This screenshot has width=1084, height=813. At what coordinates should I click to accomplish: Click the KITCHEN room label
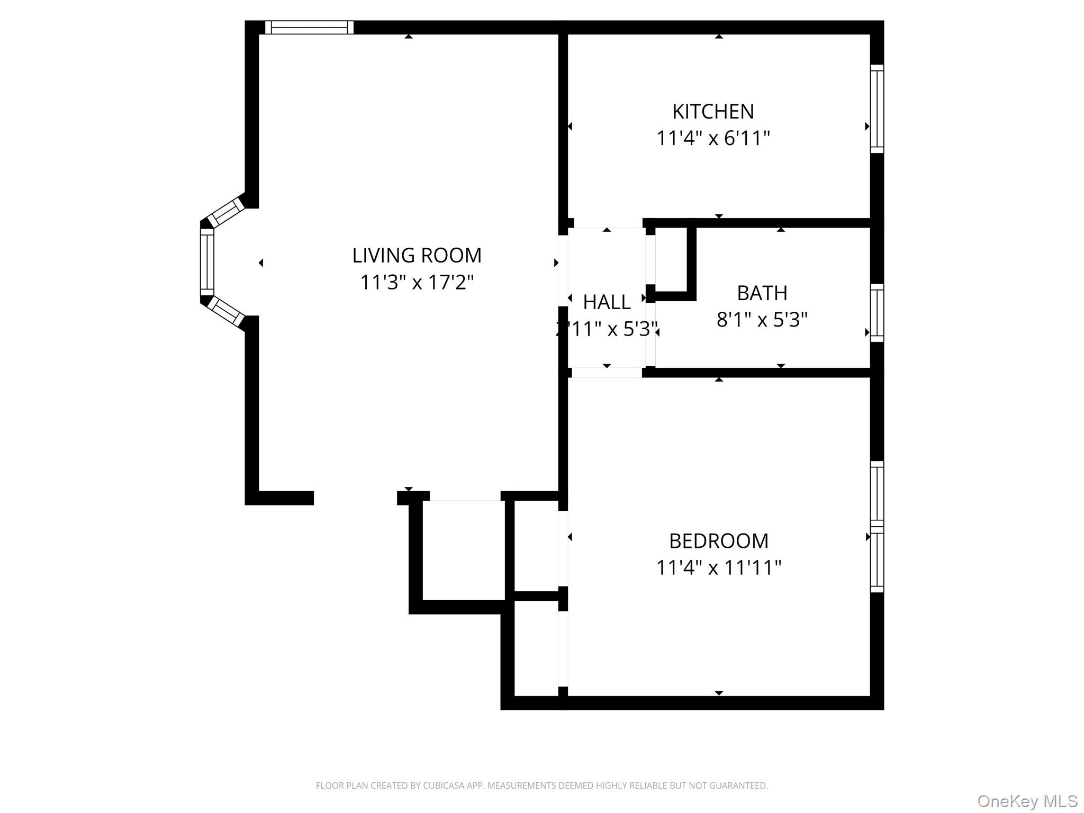pyautogui.click(x=713, y=112)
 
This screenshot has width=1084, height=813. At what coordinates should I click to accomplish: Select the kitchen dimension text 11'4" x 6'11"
pyautogui.click(x=713, y=139)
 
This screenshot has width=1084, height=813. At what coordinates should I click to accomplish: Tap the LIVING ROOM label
pyautogui.click(x=417, y=256)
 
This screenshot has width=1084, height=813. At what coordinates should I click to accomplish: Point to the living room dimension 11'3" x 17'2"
pyautogui.click(x=417, y=283)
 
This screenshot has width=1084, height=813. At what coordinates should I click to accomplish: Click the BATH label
pyautogui.click(x=762, y=293)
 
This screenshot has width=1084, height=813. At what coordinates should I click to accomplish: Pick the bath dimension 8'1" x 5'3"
pyautogui.click(x=762, y=320)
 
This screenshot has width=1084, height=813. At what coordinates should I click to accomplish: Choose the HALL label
pyautogui.click(x=607, y=302)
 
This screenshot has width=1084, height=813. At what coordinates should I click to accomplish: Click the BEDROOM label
pyautogui.click(x=718, y=541)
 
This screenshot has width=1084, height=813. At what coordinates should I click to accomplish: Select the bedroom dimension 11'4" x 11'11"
pyautogui.click(x=718, y=568)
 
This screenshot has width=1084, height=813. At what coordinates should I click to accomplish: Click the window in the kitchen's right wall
pyautogui.click(x=877, y=109)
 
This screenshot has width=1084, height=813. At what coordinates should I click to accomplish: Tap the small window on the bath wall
pyautogui.click(x=877, y=313)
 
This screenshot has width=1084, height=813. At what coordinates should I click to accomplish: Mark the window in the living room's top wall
pyautogui.click(x=309, y=28)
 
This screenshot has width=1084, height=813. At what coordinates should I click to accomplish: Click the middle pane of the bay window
pyautogui.click(x=207, y=262)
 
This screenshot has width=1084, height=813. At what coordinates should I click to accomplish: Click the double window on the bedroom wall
pyautogui.click(x=877, y=527)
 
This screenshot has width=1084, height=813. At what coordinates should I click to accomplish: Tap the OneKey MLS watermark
pyautogui.click(x=1027, y=801)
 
